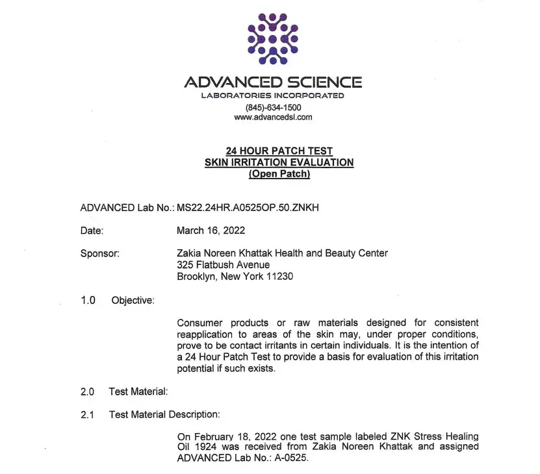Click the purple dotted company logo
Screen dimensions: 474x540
pos(273,38)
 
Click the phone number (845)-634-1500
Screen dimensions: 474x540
pos(273,107)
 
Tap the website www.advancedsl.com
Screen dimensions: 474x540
pos(273,118)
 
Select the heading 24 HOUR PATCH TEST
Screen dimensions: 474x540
pos(279,151)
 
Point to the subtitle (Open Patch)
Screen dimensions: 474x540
pos(279,174)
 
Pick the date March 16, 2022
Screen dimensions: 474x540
pos(211,231)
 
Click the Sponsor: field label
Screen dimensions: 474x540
pos(99,254)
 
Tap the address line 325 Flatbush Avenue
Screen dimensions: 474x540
pos(223,265)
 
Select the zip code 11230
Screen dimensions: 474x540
pos(280,277)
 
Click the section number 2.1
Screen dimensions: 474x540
pos(88,414)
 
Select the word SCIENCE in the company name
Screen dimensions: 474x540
pos(324,82)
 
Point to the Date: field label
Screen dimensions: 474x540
pos(92,231)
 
